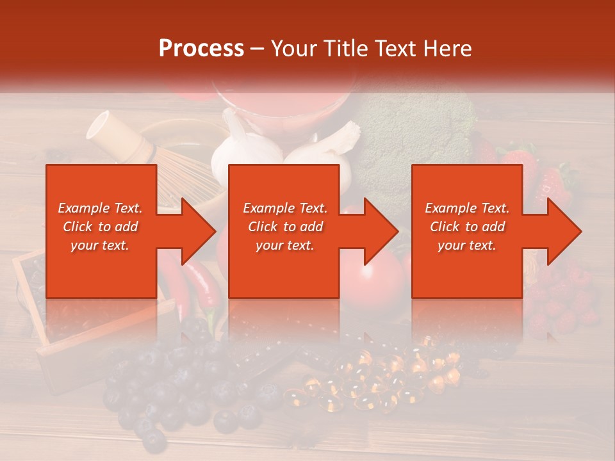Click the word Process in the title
tap(201, 49)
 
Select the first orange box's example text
tap(100, 227)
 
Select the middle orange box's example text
tap(285, 227)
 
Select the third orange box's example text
tap(467, 227)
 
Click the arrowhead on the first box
tap(195, 230)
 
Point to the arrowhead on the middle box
tap(379, 230)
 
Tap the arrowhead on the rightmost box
tap(562, 230)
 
